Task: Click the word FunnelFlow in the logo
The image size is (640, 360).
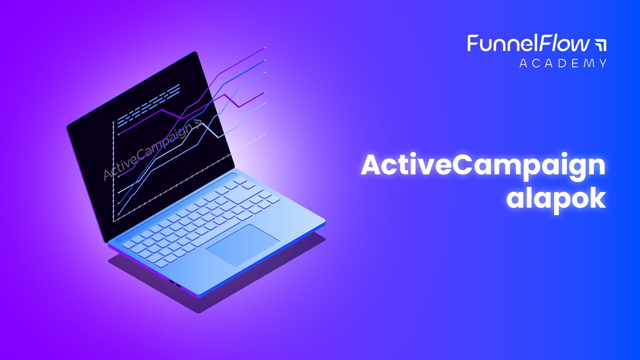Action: pos(528,43)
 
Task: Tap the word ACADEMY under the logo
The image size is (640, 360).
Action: pos(563,63)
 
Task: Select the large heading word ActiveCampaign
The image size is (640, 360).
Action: pos(483,166)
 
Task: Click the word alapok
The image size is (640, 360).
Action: pos(556,199)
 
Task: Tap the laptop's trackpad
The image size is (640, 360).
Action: pos(242,245)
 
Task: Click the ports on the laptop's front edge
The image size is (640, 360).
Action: pos(175,284)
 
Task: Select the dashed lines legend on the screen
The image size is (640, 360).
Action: pos(149,105)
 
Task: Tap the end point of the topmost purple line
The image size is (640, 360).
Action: pos(265,48)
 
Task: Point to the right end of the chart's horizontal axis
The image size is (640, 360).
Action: pos(266,134)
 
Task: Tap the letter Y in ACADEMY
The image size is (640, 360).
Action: pos(603,63)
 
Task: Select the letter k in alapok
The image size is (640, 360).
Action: pos(597,197)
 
